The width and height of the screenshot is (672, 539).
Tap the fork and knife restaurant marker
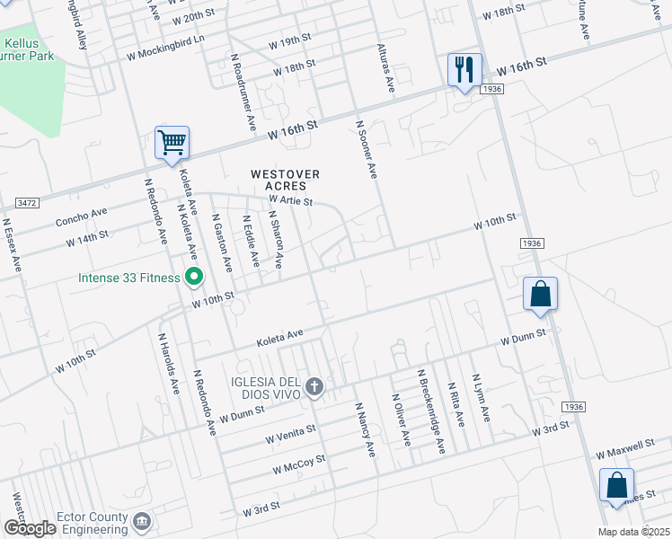click(464, 70)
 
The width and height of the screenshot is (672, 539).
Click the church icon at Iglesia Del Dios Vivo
click(314, 387)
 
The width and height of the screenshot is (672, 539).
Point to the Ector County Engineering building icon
click(141, 521)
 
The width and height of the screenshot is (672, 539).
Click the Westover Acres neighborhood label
click(285, 179)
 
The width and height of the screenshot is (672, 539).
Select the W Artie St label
click(289, 200)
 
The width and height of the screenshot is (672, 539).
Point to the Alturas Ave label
click(386, 71)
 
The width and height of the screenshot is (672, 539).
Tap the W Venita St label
click(290, 433)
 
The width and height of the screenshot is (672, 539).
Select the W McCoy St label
click(298, 464)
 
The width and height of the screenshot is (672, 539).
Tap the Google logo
click(30, 528)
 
